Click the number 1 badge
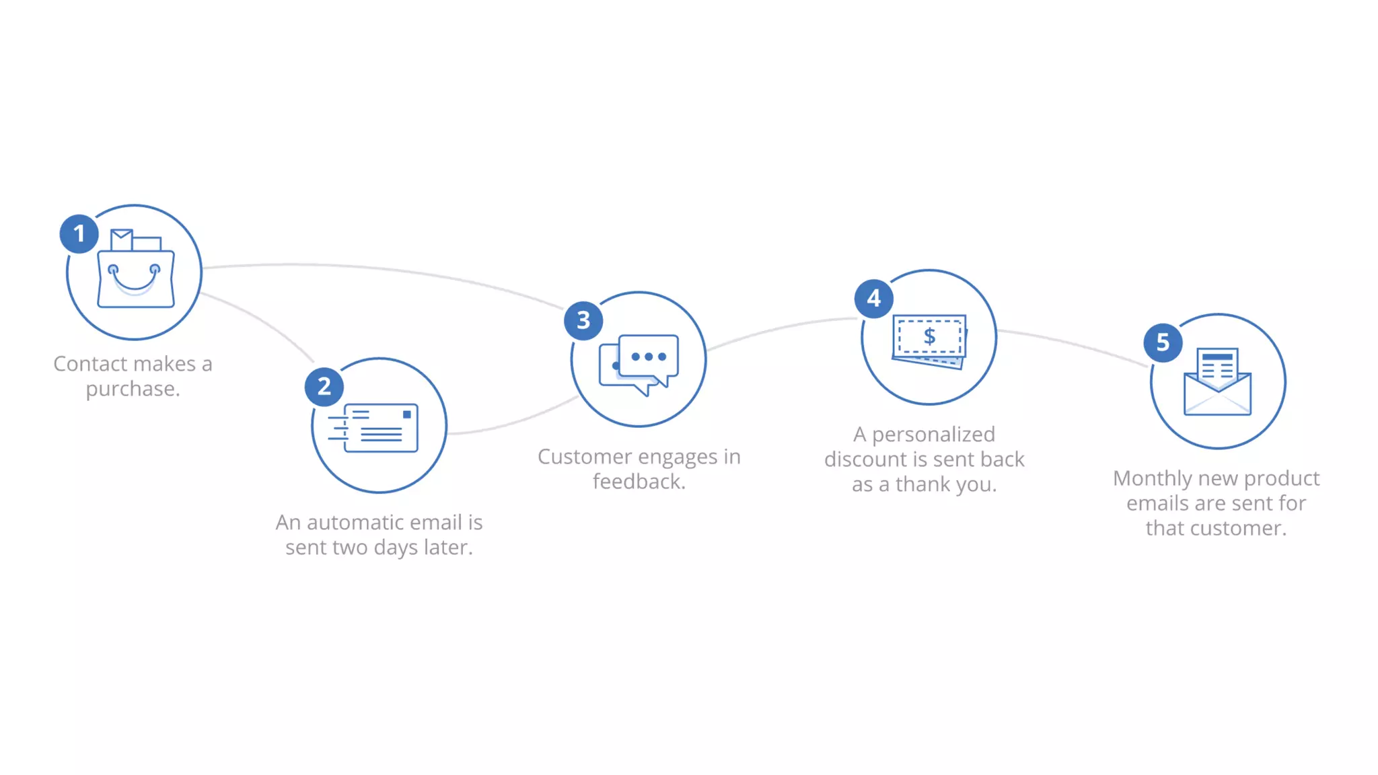(x=79, y=234)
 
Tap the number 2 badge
(x=324, y=387)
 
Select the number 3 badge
(x=583, y=320)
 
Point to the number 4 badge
(x=874, y=298)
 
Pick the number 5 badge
(x=1163, y=342)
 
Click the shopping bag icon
(x=136, y=272)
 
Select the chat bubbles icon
(x=639, y=363)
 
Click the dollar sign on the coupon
(x=929, y=336)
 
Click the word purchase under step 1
(x=132, y=390)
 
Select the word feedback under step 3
(x=638, y=482)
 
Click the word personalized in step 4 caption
(x=933, y=435)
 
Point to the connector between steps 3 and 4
(x=781, y=328)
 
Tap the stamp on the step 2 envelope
(x=406, y=414)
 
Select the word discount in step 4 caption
(x=866, y=459)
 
